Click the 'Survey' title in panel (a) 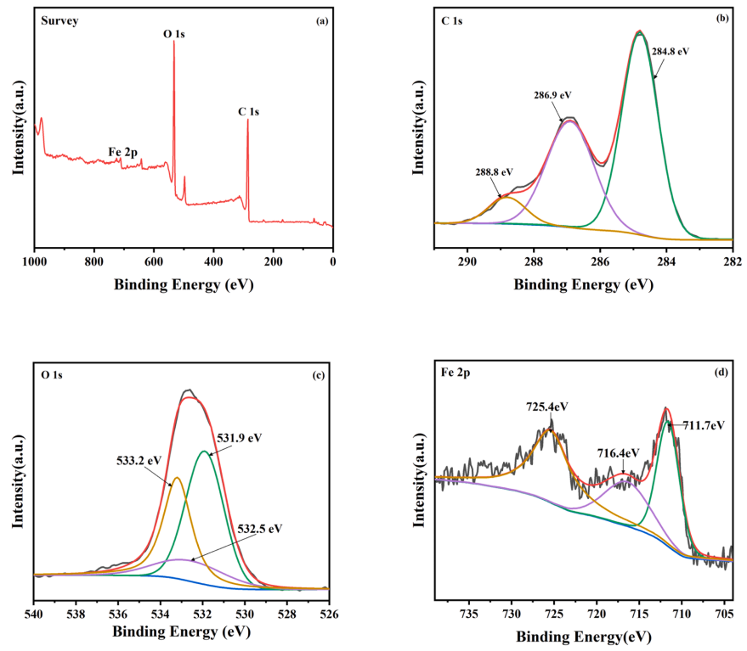point(59,20)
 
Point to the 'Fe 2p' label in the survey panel point(126,152)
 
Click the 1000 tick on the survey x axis point(36,261)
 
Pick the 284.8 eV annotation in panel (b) point(671,51)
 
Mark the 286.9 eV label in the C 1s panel point(553,95)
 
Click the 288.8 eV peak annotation point(495,171)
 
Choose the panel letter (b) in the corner point(723,18)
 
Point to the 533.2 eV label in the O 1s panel point(140,460)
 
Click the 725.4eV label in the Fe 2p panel point(547,407)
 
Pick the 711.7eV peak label point(705,424)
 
